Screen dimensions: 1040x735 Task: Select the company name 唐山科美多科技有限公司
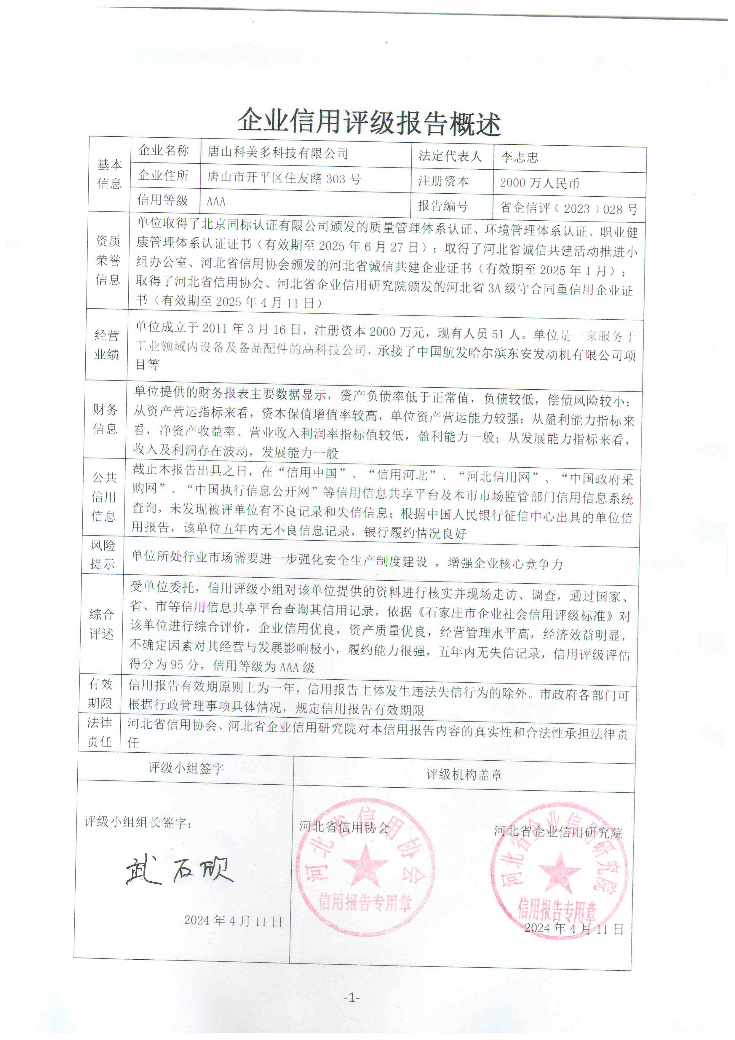[277, 153]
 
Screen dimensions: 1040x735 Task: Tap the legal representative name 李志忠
[519, 157]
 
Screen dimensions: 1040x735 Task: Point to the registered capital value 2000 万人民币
[539, 183]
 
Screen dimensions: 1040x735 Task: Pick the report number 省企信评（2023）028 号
[568, 208]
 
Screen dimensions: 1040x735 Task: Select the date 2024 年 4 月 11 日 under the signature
[233, 921]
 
